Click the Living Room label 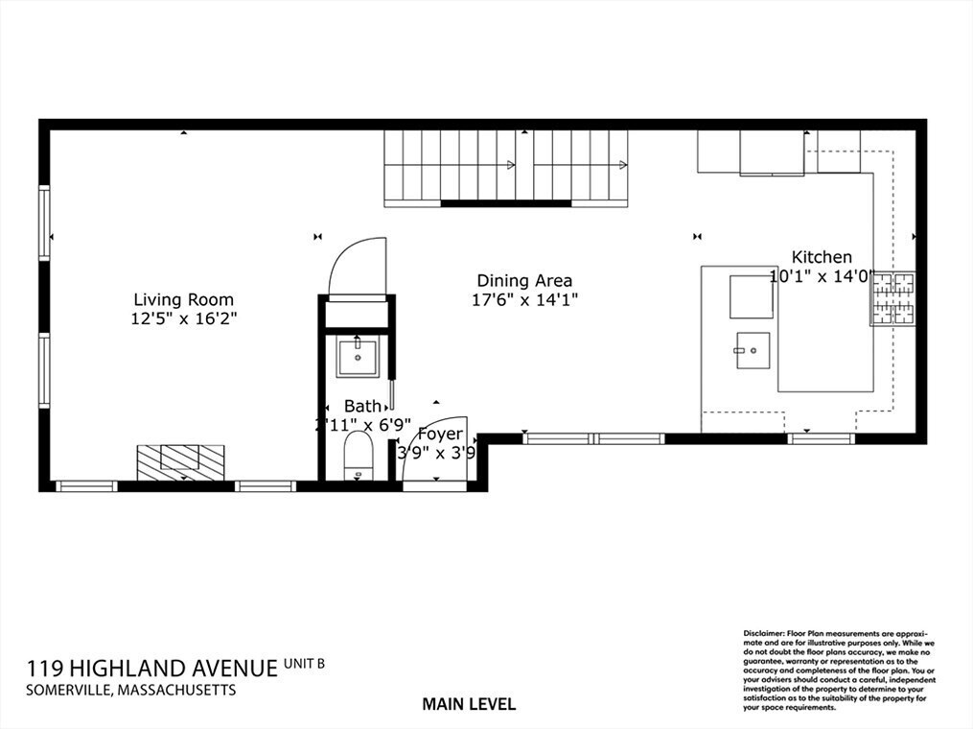click(183, 299)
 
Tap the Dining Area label click(524, 281)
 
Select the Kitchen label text click(822, 257)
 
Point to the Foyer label click(440, 435)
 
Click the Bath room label click(362, 407)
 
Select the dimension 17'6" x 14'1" click(525, 299)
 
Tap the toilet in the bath click(358, 456)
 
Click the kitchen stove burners click(892, 298)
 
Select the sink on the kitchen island click(752, 350)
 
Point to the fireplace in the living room click(180, 461)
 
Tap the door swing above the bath click(358, 268)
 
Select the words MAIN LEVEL click(469, 704)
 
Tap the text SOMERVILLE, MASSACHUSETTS click(130, 690)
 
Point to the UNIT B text click(305, 662)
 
